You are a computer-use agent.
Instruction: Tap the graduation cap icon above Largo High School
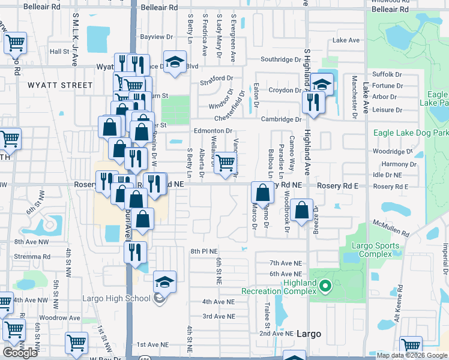164,281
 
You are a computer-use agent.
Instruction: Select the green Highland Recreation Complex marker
325,286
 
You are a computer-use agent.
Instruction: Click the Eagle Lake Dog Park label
411,133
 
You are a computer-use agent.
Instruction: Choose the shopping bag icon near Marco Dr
262,193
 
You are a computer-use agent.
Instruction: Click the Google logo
20,353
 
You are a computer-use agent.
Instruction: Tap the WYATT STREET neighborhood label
60,85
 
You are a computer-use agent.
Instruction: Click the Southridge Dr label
281,59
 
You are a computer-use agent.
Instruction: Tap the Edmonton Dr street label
212,131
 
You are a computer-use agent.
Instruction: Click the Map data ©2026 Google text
411,355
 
